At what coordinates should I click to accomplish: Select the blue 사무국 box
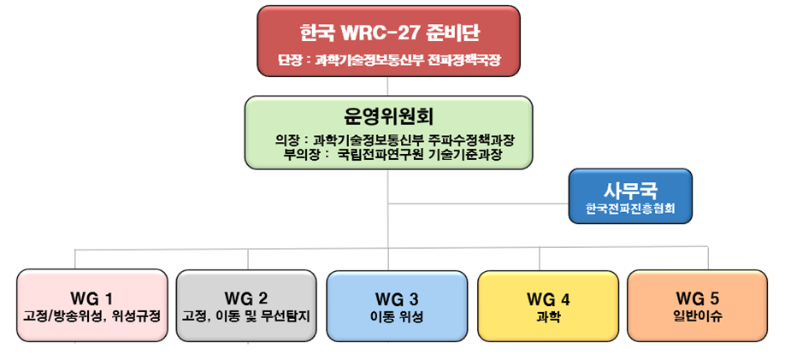coord(629,196)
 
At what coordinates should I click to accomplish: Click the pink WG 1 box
coord(92,307)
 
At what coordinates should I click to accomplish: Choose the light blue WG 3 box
coord(397,307)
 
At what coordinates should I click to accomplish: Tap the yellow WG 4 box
coord(547,307)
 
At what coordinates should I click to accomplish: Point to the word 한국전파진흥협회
coord(629,208)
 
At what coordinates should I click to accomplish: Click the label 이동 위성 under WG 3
coord(397,316)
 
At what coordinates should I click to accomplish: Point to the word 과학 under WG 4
coord(547,316)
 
